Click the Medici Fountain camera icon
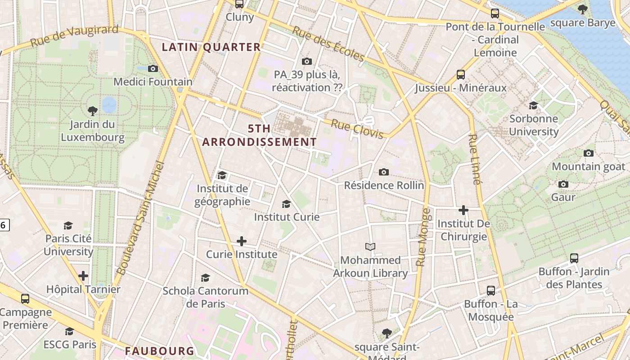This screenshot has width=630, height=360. click(153, 69)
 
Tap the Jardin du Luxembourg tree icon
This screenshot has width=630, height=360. click(92, 111)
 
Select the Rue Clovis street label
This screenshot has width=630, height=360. click(357, 129)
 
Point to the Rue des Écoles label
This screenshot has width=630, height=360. click(328, 44)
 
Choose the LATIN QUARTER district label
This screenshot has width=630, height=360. click(211, 47)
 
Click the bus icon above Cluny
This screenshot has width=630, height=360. click(239, 4)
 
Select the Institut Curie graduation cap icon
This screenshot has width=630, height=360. click(286, 204)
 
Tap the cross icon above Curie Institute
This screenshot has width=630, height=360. click(242, 241)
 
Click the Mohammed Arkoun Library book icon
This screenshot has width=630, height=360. click(370, 247)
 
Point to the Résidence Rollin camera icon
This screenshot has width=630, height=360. click(384, 172)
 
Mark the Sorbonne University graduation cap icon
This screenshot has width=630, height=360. click(533, 106)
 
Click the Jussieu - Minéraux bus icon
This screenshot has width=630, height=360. click(461, 74)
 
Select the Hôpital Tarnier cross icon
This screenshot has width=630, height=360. click(83, 275)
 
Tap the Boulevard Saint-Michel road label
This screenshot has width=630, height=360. click(141, 219)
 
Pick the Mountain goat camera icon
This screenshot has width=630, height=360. click(588, 153)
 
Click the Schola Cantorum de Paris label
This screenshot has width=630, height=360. click(206, 297)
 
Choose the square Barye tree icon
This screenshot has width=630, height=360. click(582, 9)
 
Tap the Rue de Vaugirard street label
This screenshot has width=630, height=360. click(74, 36)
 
